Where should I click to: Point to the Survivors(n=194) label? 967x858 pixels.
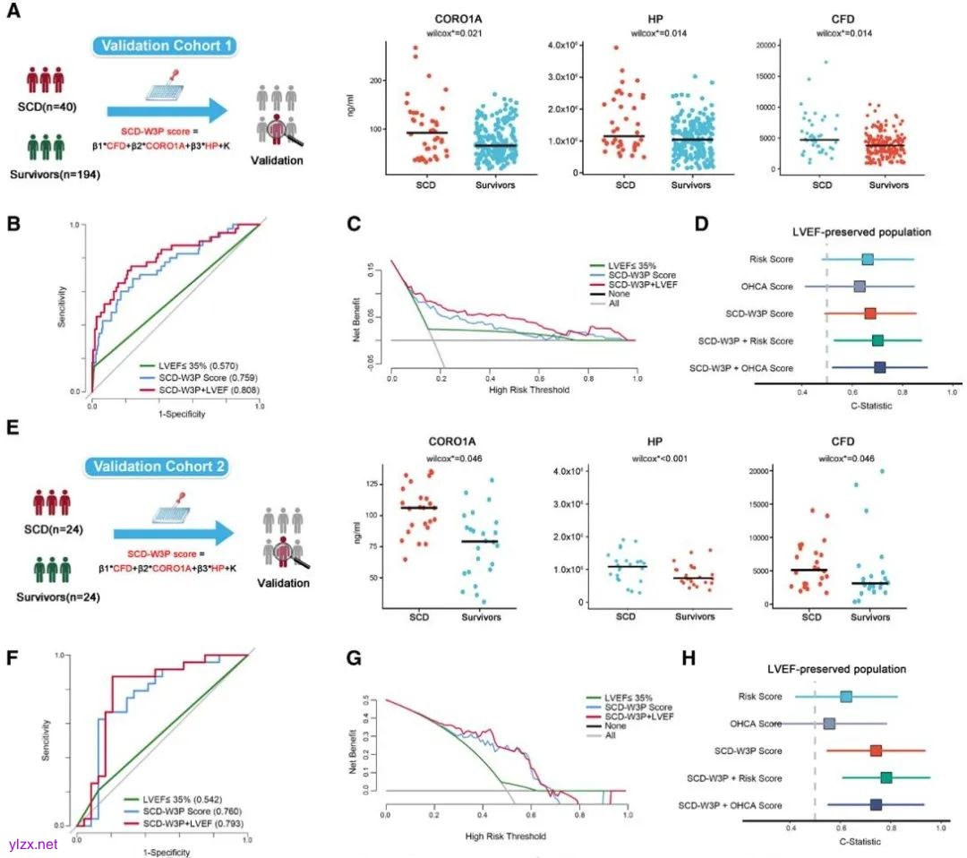52,176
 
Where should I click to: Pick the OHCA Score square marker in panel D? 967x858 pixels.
860,287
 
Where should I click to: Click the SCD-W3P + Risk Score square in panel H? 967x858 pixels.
886,777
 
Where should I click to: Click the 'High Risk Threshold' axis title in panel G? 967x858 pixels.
507,837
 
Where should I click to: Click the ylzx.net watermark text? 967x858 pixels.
32,844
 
